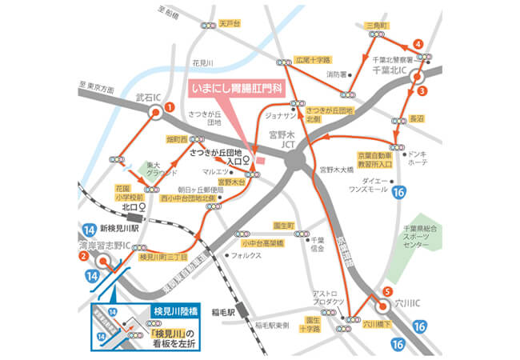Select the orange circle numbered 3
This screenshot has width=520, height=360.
[421, 91]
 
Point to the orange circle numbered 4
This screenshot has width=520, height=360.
[417, 43]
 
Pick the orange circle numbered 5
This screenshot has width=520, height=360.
[388, 292]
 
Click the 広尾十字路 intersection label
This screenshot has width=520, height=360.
[313, 59]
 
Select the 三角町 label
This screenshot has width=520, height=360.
[376, 26]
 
